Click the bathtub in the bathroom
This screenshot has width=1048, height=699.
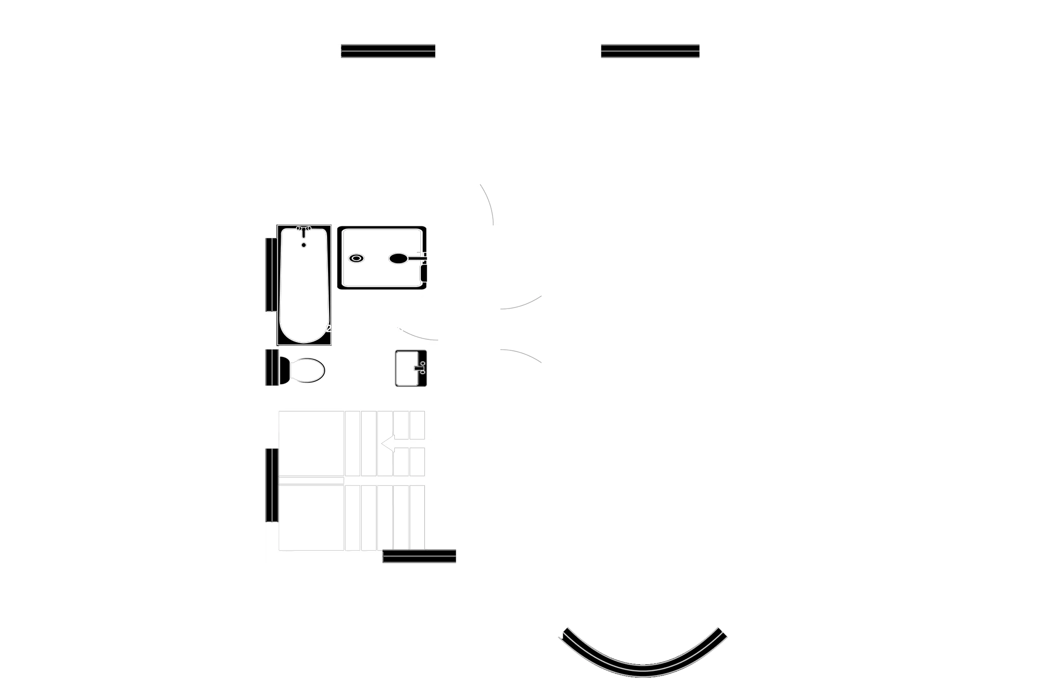coord(304,286)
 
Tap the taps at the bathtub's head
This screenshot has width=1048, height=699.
coord(304,229)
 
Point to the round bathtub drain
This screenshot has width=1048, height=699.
coord(304,245)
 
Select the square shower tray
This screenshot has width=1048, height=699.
coord(382,258)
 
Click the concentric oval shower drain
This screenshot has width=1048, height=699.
coord(356,259)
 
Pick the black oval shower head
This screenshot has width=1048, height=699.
coord(398,259)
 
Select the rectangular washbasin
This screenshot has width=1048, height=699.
coord(411,368)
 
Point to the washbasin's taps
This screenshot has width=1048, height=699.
coord(422,368)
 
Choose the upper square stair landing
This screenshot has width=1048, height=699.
coord(311,443)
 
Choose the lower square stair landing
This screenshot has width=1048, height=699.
coord(311,518)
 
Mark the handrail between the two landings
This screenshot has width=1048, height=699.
coord(311,480)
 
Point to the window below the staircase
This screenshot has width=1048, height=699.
coord(419,557)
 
